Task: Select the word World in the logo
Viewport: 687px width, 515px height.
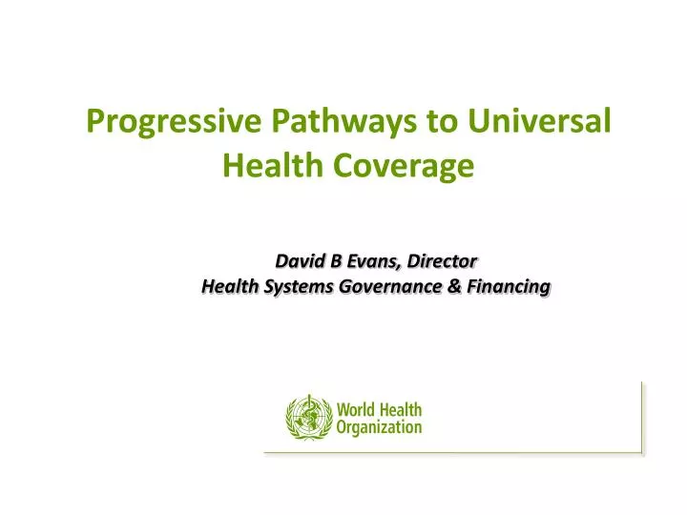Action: point(357,409)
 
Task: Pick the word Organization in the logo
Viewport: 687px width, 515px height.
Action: point(379,427)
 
